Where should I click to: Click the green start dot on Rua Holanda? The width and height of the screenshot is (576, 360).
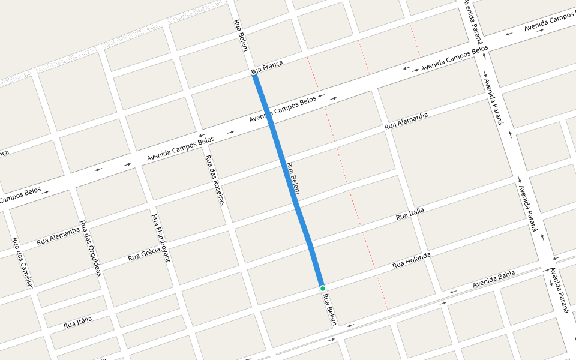(x=322, y=289)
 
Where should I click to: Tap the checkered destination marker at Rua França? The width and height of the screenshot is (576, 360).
(x=254, y=72)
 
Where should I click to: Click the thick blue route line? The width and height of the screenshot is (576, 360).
(x=288, y=180)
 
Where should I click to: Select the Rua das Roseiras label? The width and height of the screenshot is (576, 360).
(x=214, y=180)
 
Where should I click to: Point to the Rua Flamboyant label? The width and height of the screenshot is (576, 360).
(x=161, y=238)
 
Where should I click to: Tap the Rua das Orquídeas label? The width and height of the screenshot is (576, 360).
(x=91, y=248)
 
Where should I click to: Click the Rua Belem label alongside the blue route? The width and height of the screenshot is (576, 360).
(x=293, y=178)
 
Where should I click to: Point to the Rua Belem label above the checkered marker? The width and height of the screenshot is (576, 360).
(x=241, y=35)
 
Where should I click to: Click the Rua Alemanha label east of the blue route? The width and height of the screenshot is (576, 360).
(x=406, y=121)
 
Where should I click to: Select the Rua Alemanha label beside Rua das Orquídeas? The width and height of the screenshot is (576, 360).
(x=58, y=236)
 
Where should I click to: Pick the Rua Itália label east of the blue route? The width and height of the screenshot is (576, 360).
(x=410, y=214)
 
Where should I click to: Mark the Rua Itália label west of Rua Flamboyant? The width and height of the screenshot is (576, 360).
(x=78, y=322)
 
